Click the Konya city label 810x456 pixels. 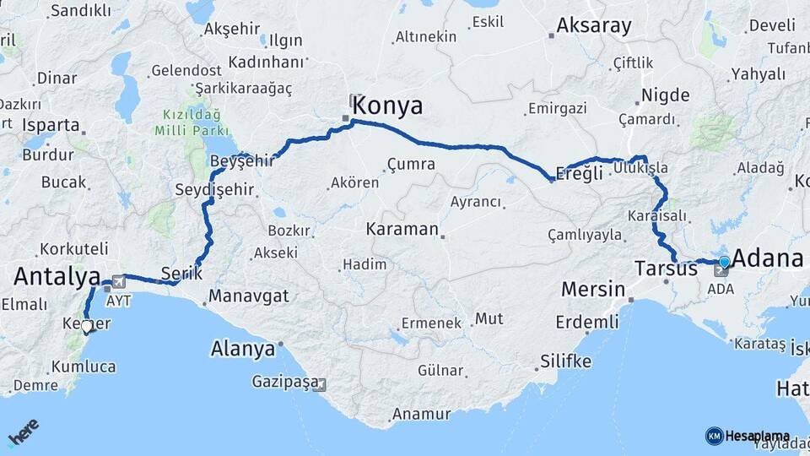[x=387, y=106]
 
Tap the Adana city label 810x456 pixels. [x=767, y=258]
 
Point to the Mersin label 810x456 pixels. [x=593, y=290]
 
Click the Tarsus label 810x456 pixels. [x=666, y=269]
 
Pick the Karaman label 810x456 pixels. [x=402, y=229]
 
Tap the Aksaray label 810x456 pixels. [x=594, y=25]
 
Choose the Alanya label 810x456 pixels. [x=243, y=348]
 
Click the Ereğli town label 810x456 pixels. [x=579, y=172]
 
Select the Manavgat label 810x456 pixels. [x=248, y=296]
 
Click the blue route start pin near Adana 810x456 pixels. [x=724, y=262]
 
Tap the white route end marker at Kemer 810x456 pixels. [x=86, y=327]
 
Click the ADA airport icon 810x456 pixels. [x=721, y=271]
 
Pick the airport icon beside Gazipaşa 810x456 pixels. [x=318, y=384]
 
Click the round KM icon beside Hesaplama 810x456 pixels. [x=714, y=436]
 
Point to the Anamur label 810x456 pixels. [x=418, y=415]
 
